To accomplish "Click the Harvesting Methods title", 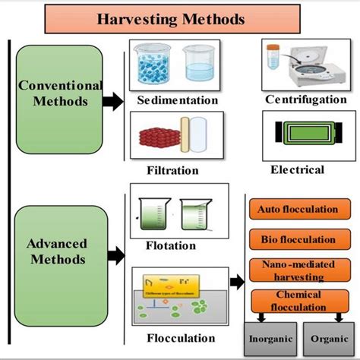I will tap(181, 17).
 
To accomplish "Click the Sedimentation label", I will tap(177, 100).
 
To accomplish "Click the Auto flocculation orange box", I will tap(292, 208).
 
